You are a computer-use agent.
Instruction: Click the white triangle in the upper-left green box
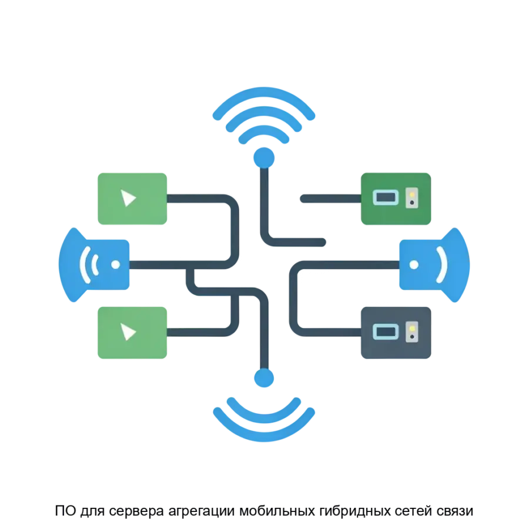coord(128,199)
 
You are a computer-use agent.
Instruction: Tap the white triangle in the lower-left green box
coord(128,332)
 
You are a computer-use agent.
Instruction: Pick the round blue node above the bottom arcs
coord(262,378)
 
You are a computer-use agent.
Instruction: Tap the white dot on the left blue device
coord(115,264)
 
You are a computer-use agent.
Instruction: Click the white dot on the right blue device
coord(414,264)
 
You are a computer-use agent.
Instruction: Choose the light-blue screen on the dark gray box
coord(385,332)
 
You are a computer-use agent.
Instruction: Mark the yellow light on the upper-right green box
coord(413,194)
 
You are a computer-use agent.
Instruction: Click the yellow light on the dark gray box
coord(413,328)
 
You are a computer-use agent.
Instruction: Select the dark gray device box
coord(395,332)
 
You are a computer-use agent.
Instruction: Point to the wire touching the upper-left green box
coord(200,199)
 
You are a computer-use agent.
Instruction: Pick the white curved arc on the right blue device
coord(442,264)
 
